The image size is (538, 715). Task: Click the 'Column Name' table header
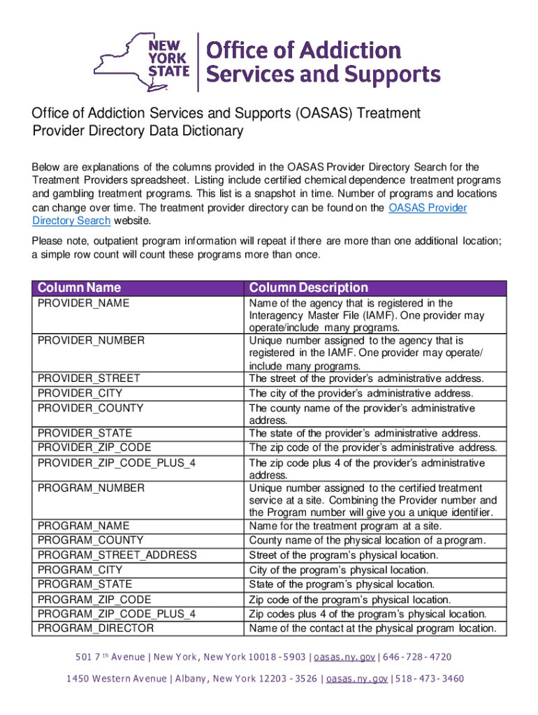coord(79,288)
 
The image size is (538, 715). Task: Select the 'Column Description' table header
coord(308,288)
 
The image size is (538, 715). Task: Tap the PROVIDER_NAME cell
coord(83,304)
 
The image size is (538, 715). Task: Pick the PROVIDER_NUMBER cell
coord(91,341)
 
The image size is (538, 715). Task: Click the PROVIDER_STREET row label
coord(89,378)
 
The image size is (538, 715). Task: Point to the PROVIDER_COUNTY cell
coord(90,408)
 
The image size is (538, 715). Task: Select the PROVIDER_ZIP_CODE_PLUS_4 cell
coord(116,463)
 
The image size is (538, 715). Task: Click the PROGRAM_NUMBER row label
coord(91,488)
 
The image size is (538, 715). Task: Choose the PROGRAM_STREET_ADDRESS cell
coord(117,555)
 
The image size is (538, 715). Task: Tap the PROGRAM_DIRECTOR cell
coord(96,628)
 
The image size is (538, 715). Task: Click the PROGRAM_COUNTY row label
coord(90,540)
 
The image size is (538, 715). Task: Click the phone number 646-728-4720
coord(416,657)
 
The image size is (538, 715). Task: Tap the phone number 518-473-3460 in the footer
coord(429,679)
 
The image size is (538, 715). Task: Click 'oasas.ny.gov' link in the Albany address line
coord(356,679)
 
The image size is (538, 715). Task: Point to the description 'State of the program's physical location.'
coord(342,584)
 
